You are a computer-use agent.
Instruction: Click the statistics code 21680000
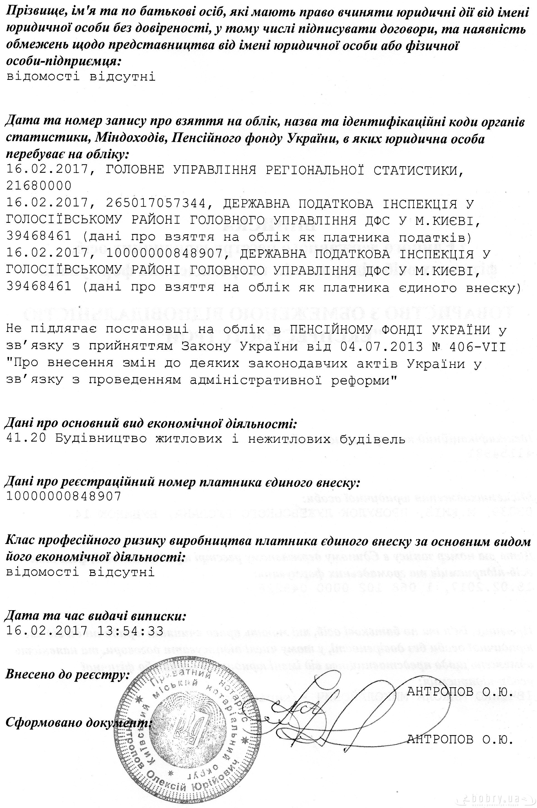[x=39, y=186]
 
